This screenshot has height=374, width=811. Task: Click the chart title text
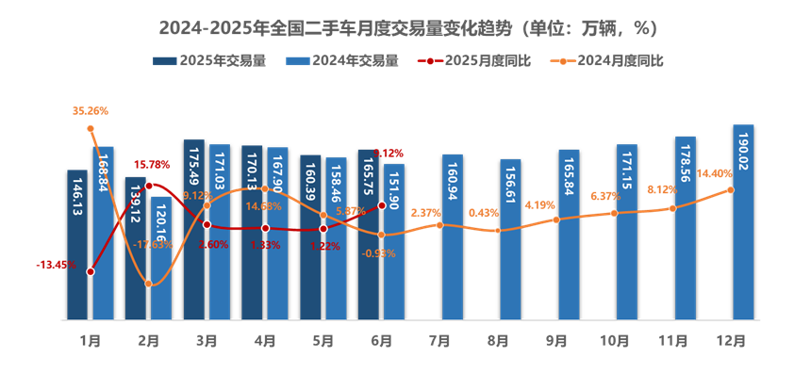pos(406,27)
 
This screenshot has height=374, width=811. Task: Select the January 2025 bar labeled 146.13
pos(77,245)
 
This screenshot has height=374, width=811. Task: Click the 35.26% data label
pos(91,110)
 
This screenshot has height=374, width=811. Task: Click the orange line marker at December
pos(731,189)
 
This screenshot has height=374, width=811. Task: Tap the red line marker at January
pos(90,271)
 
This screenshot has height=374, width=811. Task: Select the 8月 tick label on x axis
pos(498,340)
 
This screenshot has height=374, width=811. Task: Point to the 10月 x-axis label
pos(615,340)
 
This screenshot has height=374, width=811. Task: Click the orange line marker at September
pos(556,220)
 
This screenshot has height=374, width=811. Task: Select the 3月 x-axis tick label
pos(207,340)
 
